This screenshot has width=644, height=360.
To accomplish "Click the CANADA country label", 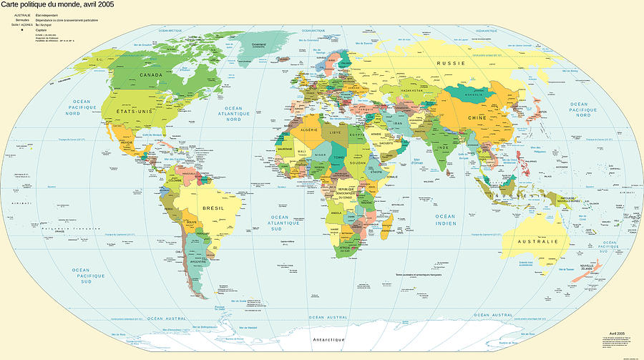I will click(151, 74).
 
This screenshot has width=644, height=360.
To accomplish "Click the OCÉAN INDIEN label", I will click(445, 220).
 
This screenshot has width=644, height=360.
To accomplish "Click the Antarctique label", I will click(328, 339).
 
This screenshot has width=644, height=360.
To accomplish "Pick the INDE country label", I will click(443, 146).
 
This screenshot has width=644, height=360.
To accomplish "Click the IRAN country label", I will click(399, 123).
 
